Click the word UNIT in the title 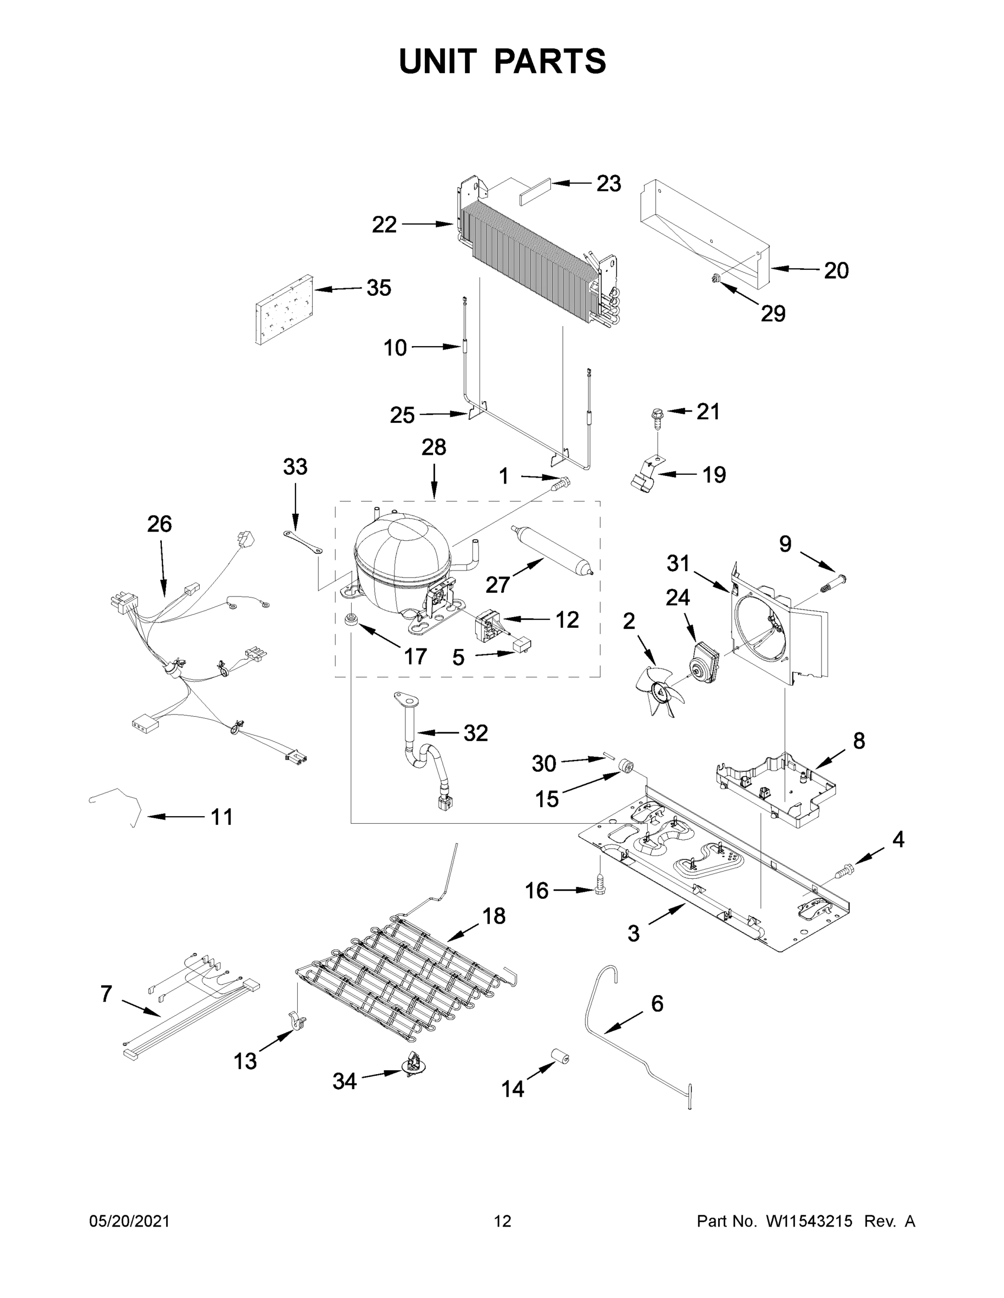(438, 61)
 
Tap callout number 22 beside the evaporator (384, 224)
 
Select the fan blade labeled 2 (661, 691)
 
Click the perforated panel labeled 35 (283, 310)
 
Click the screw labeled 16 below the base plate (600, 899)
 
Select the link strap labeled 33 (303, 542)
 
